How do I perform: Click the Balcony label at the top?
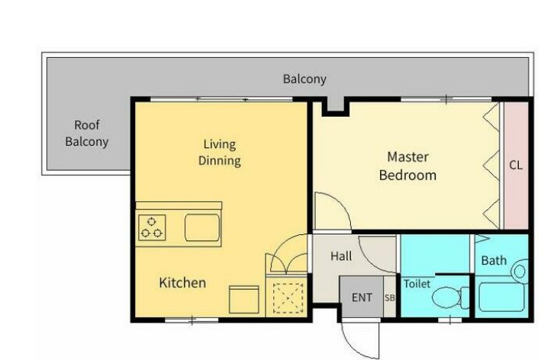304,79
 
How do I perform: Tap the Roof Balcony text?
87,133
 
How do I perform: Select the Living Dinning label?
220,153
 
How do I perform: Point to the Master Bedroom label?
407,166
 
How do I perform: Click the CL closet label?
516,165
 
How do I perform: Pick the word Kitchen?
182,283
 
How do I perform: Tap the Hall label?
341,256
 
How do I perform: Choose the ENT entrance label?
362,297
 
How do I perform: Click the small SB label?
390,298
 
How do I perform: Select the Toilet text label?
417,284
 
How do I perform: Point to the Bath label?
494,261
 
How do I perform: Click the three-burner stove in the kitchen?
152,227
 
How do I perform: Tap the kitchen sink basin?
202,227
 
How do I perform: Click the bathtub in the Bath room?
501,297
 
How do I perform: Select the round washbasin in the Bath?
520,272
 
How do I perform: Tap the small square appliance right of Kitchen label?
243,300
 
